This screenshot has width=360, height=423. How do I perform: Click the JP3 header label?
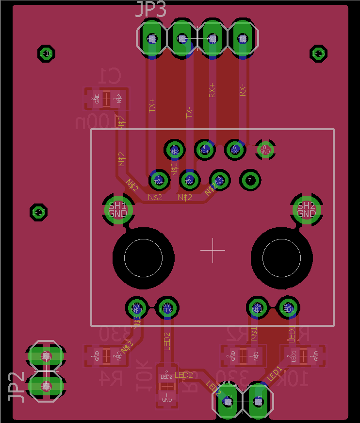point(150,10)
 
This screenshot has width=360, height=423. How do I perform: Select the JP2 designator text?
point(16,387)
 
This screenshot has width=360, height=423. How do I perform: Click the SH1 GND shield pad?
point(118,209)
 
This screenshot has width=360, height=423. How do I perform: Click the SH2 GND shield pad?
point(306,209)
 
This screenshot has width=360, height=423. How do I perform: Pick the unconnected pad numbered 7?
point(250,180)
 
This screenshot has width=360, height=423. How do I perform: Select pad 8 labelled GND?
point(265,150)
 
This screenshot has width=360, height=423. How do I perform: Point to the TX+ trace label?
point(152,105)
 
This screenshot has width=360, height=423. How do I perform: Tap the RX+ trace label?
point(212,90)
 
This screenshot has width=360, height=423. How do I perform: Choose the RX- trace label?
point(243,90)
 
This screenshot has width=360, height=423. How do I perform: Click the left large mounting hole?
point(143,257)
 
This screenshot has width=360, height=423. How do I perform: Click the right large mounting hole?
point(281,257)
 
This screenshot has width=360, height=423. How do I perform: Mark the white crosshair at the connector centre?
point(213,250)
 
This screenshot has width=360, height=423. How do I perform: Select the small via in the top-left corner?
point(46,53)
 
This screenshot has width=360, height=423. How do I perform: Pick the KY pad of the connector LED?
point(137,307)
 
